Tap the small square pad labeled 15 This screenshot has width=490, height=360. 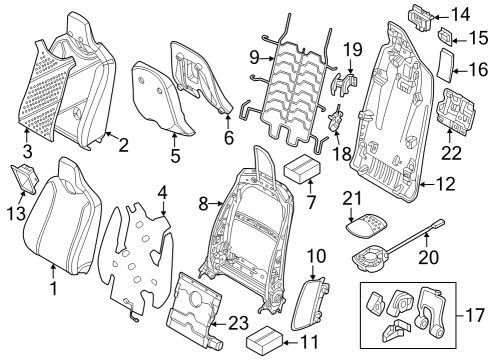coord(446,39)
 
